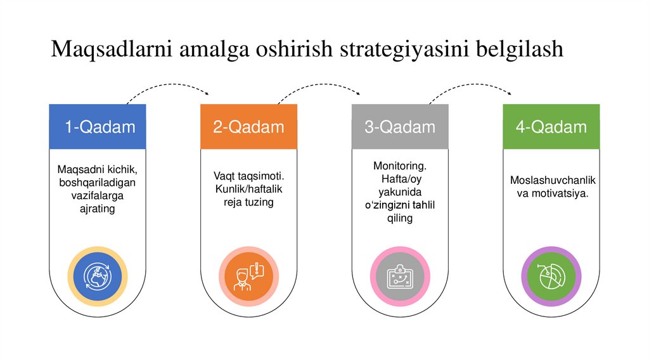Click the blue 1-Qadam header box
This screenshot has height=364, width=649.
pyautogui.click(x=98, y=127)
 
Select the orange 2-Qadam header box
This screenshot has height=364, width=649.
pyautogui.click(x=248, y=127)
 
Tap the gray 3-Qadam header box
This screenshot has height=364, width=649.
pyautogui.click(x=400, y=127)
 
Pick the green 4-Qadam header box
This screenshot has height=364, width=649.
pyautogui.click(x=551, y=127)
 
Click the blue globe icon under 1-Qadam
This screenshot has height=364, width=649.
pyautogui.click(x=98, y=276)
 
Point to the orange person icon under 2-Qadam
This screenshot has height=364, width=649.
pyautogui.click(x=248, y=276)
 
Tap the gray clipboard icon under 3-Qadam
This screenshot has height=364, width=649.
pyautogui.click(x=400, y=276)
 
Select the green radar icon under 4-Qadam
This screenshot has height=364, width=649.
pyautogui.click(x=551, y=276)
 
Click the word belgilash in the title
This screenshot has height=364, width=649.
pyautogui.click(x=514, y=49)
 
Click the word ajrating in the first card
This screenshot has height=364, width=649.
pyautogui.click(x=98, y=208)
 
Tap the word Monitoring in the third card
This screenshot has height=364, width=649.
pyautogui.click(x=399, y=166)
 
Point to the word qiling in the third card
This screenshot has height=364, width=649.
pyautogui.click(x=399, y=218)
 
